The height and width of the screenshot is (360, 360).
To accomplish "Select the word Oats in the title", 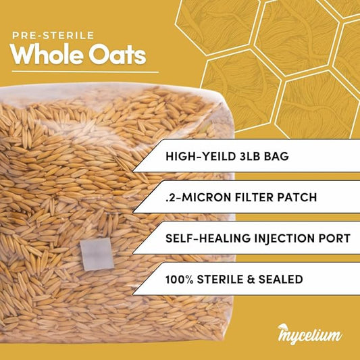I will [120, 55].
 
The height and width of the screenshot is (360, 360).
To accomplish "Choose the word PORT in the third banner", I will [332, 239].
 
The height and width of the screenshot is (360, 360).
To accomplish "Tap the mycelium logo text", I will [311, 335].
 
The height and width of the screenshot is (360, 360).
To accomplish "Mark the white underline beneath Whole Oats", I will [85, 71].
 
